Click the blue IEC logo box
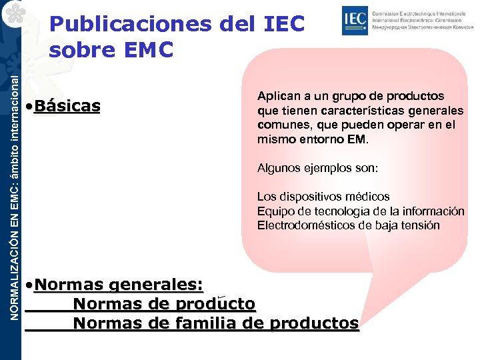(x=353, y=21)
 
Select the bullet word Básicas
(x=66, y=106)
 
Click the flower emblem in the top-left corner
(x=12, y=13)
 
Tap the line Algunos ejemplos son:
(x=317, y=169)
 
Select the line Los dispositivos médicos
(x=323, y=197)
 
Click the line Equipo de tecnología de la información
(x=361, y=211)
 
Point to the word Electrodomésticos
(x=306, y=225)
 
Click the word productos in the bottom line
(x=313, y=323)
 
